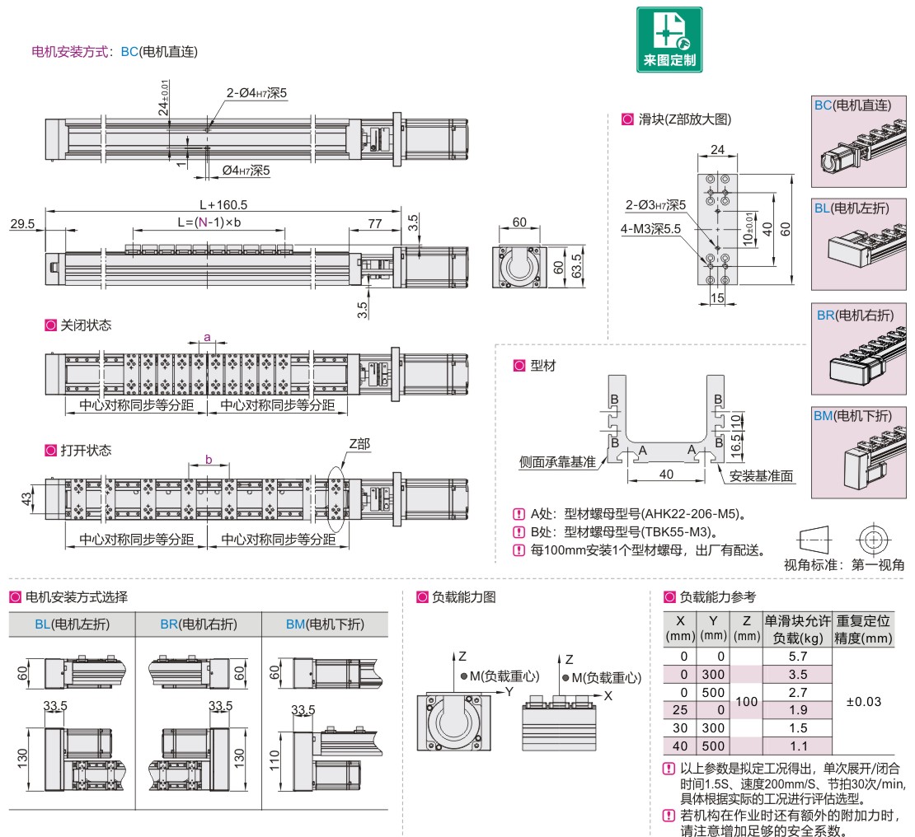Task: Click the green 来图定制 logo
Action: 669,39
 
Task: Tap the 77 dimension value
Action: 373,223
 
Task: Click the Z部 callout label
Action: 359,443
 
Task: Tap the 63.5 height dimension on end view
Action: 578,264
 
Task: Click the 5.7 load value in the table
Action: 797,656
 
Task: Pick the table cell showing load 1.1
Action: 797,746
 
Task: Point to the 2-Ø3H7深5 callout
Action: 655,204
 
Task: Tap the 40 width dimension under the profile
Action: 666,473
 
